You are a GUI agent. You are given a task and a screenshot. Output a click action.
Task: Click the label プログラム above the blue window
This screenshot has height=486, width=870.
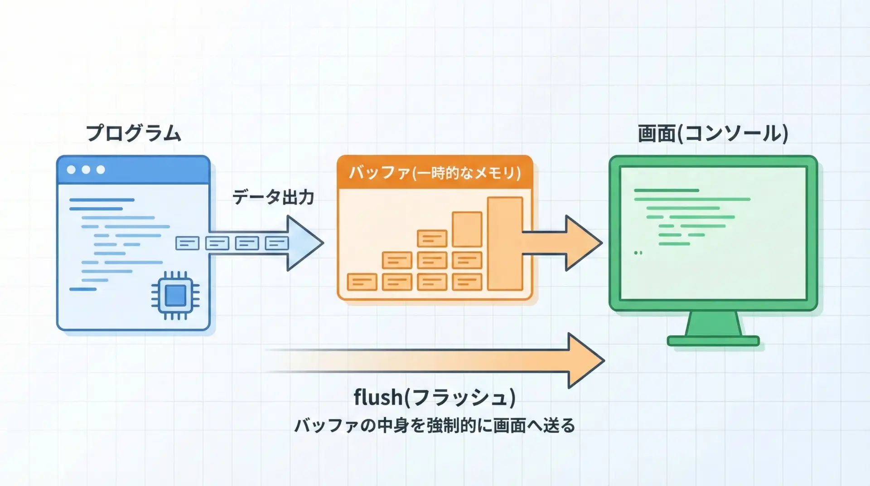click(134, 133)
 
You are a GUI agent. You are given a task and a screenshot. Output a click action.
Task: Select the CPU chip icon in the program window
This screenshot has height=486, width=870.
click(175, 296)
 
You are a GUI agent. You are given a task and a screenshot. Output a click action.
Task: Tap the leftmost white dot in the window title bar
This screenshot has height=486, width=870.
click(71, 170)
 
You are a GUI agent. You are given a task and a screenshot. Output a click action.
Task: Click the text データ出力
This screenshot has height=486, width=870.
click(273, 197)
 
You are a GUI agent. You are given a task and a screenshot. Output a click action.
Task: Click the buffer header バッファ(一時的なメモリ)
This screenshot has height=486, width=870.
click(435, 173)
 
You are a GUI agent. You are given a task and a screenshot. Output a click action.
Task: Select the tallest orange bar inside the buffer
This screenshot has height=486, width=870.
click(505, 243)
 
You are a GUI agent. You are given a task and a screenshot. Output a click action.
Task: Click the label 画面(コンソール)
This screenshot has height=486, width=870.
click(713, 133)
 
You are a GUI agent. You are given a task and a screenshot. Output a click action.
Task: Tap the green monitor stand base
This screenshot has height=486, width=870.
click(713, 341)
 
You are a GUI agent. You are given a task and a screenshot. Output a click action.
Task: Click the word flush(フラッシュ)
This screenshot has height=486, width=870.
click(434, 397)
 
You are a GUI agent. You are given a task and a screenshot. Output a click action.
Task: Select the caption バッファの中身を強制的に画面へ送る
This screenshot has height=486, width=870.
click(434, 426)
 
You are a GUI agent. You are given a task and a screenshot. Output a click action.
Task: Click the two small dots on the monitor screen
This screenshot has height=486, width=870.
click(638, 253)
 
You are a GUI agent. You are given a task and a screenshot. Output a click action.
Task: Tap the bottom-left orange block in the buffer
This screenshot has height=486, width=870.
click(362, 282)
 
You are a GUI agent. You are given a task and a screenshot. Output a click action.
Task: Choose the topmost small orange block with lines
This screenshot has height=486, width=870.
click(432, 238)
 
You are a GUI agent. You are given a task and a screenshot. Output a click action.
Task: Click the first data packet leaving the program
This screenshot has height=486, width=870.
click(187, 243)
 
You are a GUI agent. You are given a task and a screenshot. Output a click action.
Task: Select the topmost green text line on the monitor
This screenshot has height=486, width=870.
click(666, 190)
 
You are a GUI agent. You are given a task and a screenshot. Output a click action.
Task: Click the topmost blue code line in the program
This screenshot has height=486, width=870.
click(101, 199)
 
